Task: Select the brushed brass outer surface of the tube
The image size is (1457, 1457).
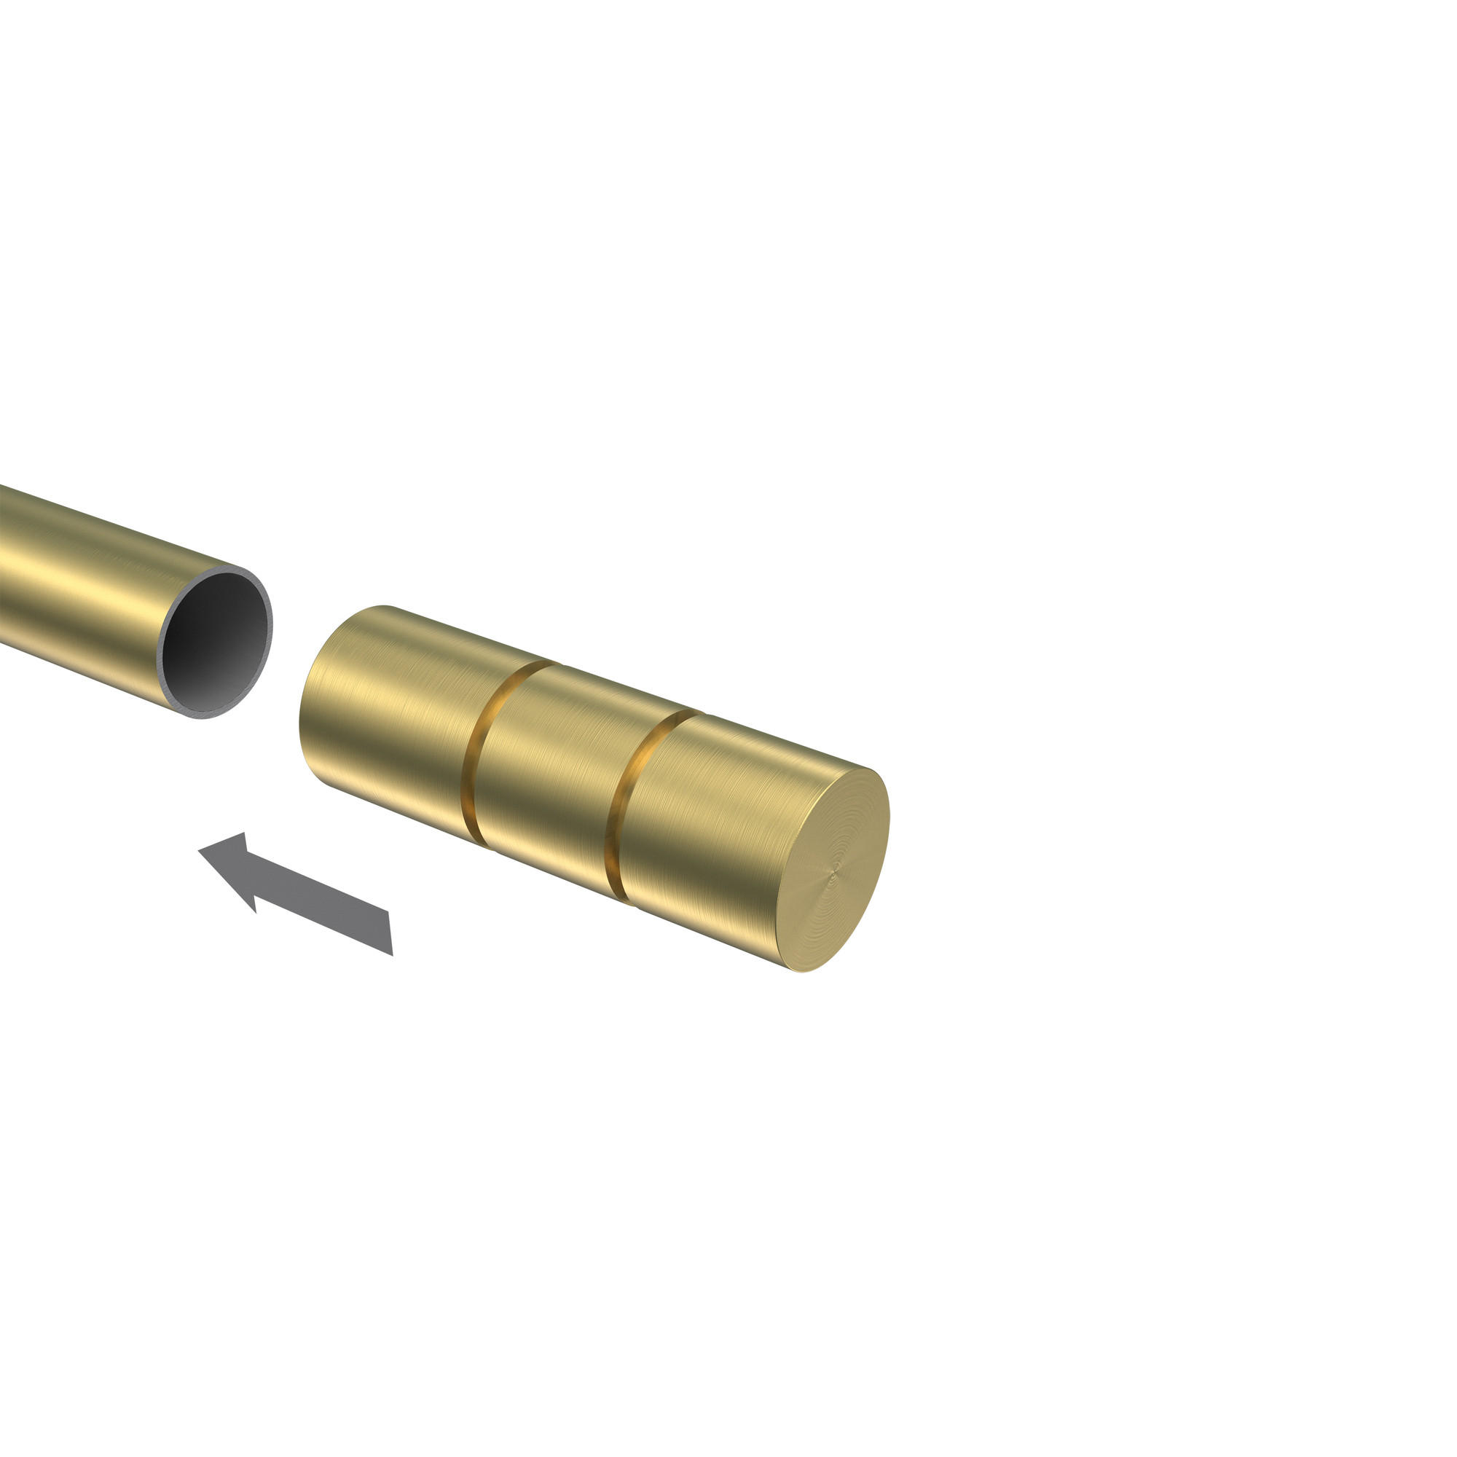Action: pyautogui.click(x=90, y=581)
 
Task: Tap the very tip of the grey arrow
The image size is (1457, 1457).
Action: pyautogui.click(x=199, y=851)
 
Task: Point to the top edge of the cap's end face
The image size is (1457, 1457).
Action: pyautogui.click(x=875, y=772)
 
